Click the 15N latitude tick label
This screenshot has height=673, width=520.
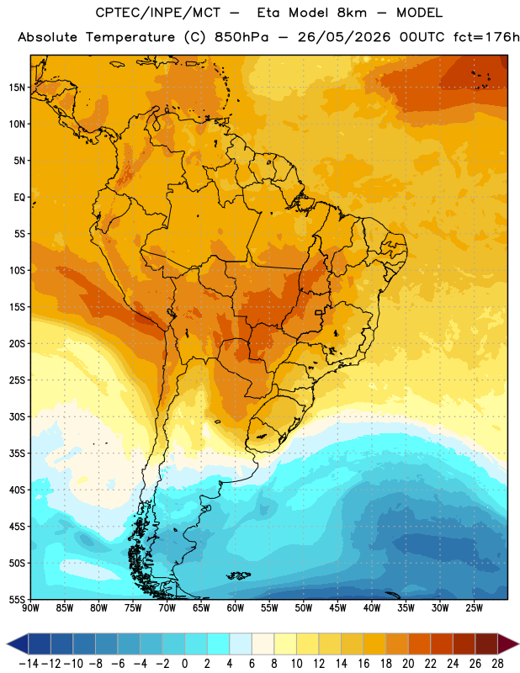pyautogui.click(x=17, y=87)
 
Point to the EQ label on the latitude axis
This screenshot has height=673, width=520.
pyautogui.click(x=19, y=198)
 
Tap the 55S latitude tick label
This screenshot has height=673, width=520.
pyautogui.click(x=17, y=599)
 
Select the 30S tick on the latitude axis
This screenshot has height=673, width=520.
pyautogui.click(x=17, y=416)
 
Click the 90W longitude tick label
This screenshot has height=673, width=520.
pyautogui.click(x=30, y=608)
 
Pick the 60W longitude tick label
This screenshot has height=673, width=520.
pyautogui.click(x=236, y=608)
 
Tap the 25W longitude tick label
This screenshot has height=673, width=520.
pyautogui.click(x=474, y=608)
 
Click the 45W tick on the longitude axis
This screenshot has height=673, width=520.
pyautogui.click(x=337, y=608)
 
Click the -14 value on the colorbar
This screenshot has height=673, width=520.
pyautogui.click(x=29, y=664)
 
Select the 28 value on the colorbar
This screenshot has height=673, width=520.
pyautogui.click(x=497, y=664)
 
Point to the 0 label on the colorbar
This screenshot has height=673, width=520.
pyautogui.click(x=184, y=664)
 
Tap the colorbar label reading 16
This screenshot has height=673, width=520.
pyautogui.click(x=363, y=664)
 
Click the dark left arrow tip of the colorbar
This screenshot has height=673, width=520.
pyautogui.click(x=8, y=644)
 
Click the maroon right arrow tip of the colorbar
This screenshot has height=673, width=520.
pyautogui.click(x=517, y=644)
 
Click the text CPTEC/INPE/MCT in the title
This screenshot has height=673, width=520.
pyautogui.click(x=157, y=13)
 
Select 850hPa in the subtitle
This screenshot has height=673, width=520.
pyautogui.click(x=241, y=37)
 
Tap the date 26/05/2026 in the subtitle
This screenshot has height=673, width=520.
pyautogui.click(x=344, y=37)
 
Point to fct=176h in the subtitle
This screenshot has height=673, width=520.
pyautogui.click(x=486, y=37)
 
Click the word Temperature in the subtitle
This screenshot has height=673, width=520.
pyautogui.click(x=130, y=37)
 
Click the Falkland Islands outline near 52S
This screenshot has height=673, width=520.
pyautogui.click(x=238, y=575)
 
